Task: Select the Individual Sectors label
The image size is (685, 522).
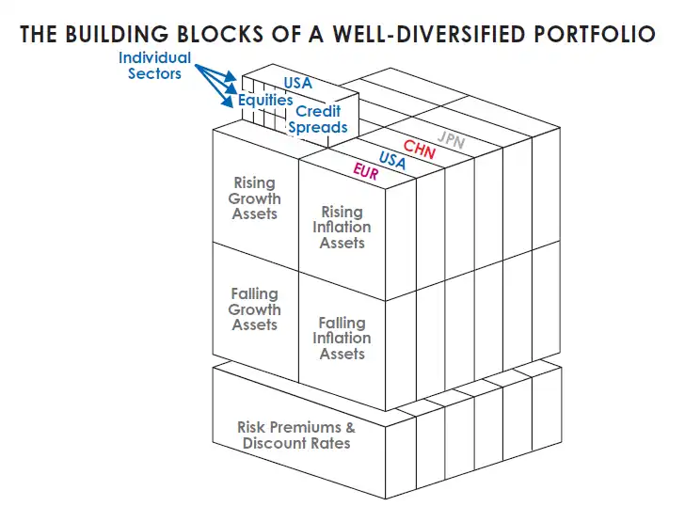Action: click(x=154, y=66)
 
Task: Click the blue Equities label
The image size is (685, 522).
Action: click(x=265, y=100)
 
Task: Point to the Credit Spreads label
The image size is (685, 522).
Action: click(x=317, y=119)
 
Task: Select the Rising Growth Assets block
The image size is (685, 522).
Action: click(x=255, y=198)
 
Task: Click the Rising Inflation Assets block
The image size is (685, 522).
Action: click(x=342, y=227)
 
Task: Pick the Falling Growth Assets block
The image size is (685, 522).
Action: click(x=255, y=309)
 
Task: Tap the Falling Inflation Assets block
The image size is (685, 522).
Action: click(x=342, y=339)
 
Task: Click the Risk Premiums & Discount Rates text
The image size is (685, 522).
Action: click(x=296, y=435)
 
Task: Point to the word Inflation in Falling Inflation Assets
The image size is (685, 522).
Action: click(x=342, y=339)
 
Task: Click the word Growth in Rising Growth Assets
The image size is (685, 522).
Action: click(x=256, y=198)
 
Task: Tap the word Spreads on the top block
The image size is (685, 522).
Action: click(x=318, y=127)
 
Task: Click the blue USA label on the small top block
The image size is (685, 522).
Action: click(x=297, y=84)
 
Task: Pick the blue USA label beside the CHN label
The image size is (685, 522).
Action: click(x=392, y=161)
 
